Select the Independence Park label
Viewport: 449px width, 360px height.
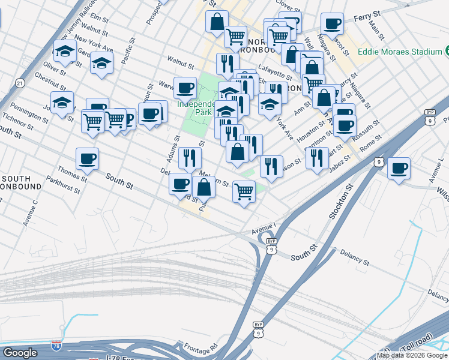pos(196,107)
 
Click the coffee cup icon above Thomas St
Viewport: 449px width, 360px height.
pos(88,159)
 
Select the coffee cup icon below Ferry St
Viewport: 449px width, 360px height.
pos(332,24)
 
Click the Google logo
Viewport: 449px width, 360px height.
pos(20,353)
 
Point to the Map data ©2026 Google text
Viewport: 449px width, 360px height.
pos(412,355)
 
